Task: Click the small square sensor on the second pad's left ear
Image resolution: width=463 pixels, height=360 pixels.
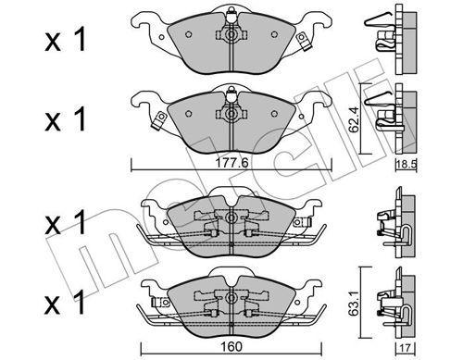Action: tap(159, 118)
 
